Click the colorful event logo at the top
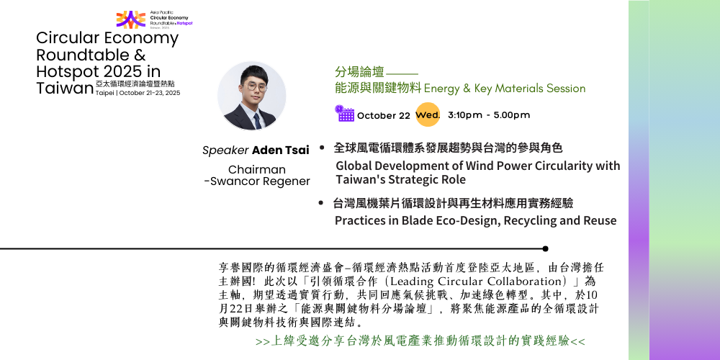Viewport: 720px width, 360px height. tap(131, 19)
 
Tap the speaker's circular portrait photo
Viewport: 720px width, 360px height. tap(251, 96)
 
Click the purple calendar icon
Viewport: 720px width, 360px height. tap(344, 114)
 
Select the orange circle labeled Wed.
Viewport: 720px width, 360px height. tap(428, 114)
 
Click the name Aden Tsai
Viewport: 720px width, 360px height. tap(281, 150)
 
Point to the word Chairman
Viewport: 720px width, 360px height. tap(257, 169)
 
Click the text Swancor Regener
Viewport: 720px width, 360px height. tap(260, 181)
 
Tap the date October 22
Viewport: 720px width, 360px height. tap(384, 116)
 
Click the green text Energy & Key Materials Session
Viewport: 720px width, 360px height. tap(505, 88)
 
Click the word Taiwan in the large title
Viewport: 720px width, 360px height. tap(65, 88)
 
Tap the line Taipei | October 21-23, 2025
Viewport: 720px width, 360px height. tap(138, 93)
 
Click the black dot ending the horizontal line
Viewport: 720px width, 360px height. tap(545, 249)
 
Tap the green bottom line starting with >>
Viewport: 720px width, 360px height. tap(420, 341)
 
